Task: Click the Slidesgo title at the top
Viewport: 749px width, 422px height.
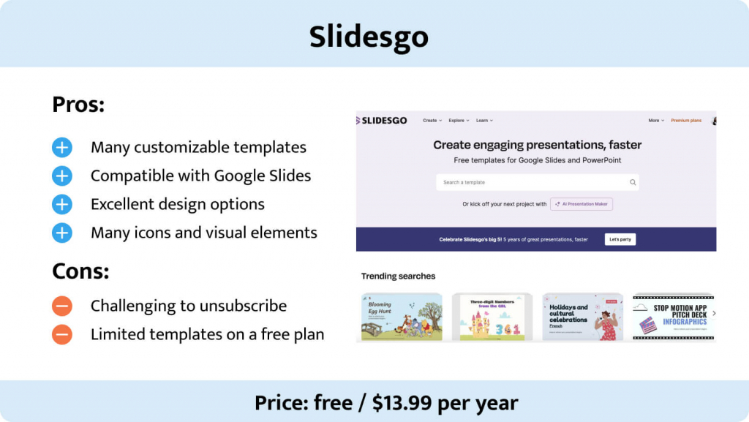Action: (x=369, y=36)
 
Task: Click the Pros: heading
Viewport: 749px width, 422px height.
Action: (x=78, y=105)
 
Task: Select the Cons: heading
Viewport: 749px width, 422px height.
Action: (x=80, y=271)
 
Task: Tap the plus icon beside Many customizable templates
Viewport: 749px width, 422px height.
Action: (x=62, y=148)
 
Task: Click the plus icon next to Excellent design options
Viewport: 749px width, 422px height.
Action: (x=62, y=205)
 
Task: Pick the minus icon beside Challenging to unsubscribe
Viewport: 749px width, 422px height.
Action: (x=62, y=306)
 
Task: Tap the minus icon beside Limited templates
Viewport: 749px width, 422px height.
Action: (x=62, y=334)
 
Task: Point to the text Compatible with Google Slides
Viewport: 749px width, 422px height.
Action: (x=200, y=176)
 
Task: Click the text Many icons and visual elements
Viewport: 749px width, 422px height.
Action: (x=203, y=233)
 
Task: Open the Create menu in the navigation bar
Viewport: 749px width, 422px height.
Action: (x=432, y=121)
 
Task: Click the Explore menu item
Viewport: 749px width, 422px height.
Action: (x=458, y=121)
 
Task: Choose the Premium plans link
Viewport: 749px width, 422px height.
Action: (x=685, y=121)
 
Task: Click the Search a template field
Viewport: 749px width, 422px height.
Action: (x=534, y=182)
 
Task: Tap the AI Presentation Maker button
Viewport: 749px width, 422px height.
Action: (x=581, y=204)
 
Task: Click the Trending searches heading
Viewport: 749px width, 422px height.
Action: (x=398, y=276)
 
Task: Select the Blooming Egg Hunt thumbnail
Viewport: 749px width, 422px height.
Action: (x=402, y=317)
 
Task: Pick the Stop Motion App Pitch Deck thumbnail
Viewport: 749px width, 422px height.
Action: (x=672, y=317)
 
